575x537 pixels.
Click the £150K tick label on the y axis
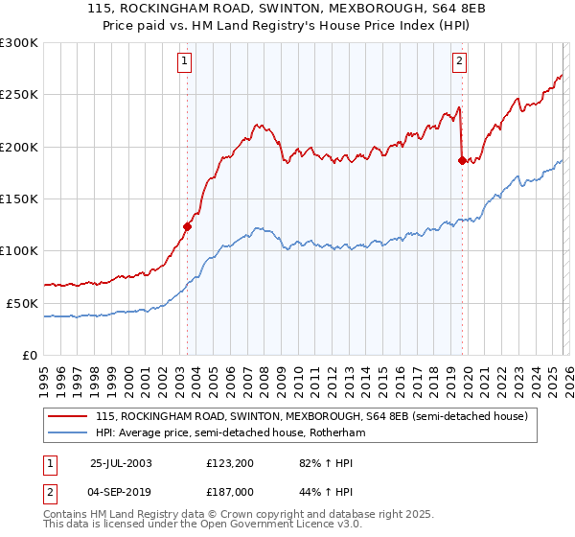point(19,198)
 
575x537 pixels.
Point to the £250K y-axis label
point(19,95)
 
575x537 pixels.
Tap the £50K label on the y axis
point(22,302)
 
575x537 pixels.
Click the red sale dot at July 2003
point(188,227)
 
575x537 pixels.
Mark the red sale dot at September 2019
point(462,161)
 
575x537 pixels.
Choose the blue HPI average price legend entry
point(230,433)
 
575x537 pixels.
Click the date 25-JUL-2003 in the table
point(120,462)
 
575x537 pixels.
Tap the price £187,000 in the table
point(228,490)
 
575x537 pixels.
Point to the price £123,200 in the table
point(228,462)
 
